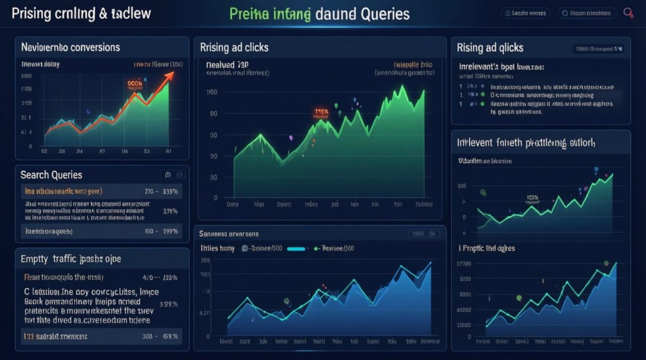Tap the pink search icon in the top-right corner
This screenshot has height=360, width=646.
[628, 13]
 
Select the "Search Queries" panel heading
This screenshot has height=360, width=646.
[51, 175]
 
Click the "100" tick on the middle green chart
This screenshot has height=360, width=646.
[212, 93]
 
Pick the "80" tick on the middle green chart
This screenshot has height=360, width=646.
[213, 114]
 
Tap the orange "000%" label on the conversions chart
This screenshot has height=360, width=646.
[135, 83]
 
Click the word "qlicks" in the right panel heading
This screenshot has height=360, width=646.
[507, 47]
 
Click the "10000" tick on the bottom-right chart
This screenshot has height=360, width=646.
[463, 325]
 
